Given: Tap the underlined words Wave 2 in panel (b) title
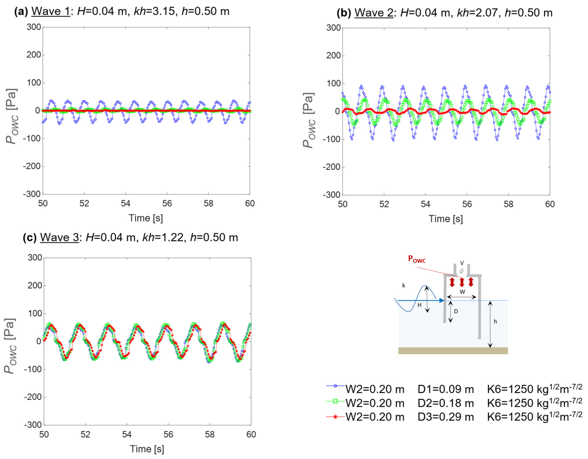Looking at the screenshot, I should point(374,13).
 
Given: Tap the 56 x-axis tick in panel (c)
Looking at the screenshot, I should point(168,435).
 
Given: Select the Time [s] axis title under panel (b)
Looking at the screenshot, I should point(446,219).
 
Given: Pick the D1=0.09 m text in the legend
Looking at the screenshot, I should point(446,389).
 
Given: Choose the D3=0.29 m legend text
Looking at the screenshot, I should point(446,417).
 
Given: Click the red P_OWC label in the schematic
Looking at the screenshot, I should point(417,259).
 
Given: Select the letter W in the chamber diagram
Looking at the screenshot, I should point(462,291).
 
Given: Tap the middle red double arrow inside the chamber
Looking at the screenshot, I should point(462,282).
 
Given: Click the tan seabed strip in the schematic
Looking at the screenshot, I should point(453,351).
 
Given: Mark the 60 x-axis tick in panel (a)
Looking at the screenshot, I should point(250,203).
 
